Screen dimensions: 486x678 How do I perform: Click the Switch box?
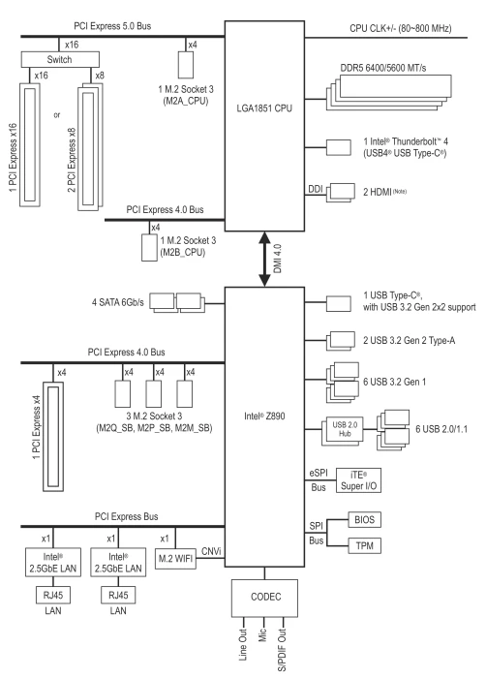pyautogui.click(x=60, y=59)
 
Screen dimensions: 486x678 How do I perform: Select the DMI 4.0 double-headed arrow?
pyautogui.click(x=264, y=259)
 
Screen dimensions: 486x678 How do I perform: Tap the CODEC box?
pyautogui.click(x=264, y=598)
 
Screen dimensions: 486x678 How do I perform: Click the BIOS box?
pyautogui.click(x=364, y=519)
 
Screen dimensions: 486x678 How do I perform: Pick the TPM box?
pyautogui.click(x=364, y=545)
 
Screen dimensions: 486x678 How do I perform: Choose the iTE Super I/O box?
pyautogui.click(x=358, y=480)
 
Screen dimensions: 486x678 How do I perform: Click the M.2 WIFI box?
pyautogui.click(x=175, y=559)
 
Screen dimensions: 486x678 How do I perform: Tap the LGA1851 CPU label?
pyautogui.click(x=264, y=108)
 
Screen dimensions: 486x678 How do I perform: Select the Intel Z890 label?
pyautogui.click(x=264, y=416)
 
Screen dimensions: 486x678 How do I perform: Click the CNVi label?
pyautogui.click(x=211, y=551)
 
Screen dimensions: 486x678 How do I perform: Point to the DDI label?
pyautogui.click(x=316, y=189)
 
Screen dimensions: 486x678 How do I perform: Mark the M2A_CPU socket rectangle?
pyautogui.click(x=186, y=65)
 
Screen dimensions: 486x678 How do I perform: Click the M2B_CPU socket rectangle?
pyautogui.click(x=150, y=248)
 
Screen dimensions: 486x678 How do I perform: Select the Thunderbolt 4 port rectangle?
pyautogui.click(x=339, y=147)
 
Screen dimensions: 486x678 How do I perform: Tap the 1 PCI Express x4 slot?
pyautogui.click(x=53, y=436)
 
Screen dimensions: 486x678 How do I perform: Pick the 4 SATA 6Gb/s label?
pyautogui.click(x=117, y=302)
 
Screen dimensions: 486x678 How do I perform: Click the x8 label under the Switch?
pyautogui.click(x=100, y=76)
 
